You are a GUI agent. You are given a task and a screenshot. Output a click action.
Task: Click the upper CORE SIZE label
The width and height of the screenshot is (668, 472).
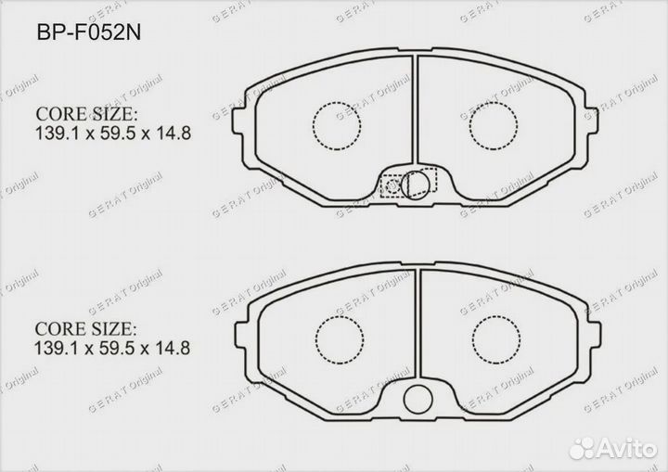pos(86,114)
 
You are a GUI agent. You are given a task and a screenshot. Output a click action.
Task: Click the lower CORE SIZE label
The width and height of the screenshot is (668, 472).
pos(86,329)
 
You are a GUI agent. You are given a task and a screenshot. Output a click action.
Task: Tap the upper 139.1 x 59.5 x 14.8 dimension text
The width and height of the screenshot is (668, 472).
pos(112,134)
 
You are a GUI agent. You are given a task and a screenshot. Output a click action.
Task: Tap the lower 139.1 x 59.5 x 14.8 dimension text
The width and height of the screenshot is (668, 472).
pos(112,349)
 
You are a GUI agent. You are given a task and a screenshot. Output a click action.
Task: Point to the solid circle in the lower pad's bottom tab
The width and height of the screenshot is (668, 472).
pos(420,398)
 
